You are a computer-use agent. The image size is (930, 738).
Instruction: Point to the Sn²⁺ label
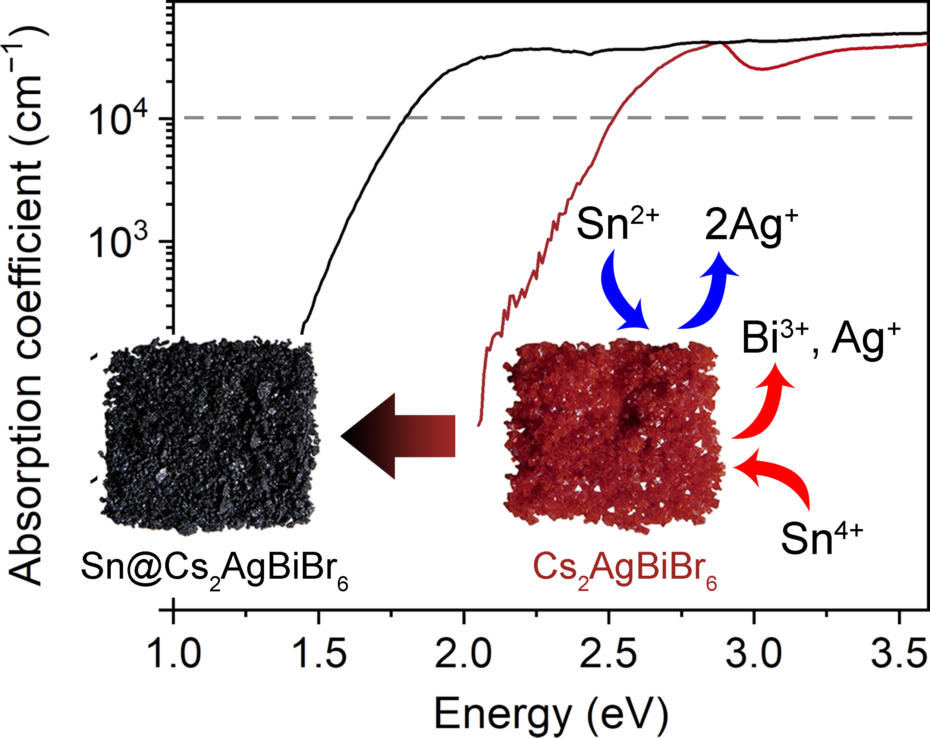click(x=617, y=223)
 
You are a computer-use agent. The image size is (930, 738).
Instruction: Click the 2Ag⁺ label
click(x=751, y=225)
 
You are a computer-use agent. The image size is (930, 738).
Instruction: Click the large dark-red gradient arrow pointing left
click(x=398, y=435)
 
